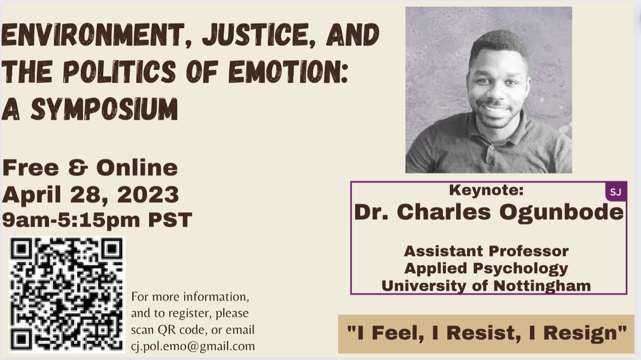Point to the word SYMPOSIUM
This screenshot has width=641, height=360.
pos(105,109)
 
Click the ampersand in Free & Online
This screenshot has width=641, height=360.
pos(78,168)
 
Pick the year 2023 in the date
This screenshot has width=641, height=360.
pos(148,195)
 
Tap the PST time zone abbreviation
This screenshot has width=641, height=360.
pos(170,220)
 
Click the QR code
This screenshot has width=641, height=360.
pos(67,295)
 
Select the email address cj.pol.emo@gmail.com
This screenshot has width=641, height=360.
pos(193,346)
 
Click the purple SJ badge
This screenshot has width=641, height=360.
pos(616,191)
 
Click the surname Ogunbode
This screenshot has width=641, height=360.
pos(561,213)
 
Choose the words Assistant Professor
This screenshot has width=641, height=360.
pos(486,251)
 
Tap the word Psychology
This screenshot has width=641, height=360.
pos(520,269)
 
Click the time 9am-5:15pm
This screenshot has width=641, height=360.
pos(71,220)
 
